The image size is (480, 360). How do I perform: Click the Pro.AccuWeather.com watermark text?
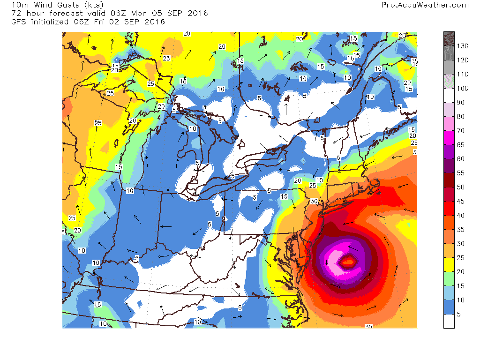(425, 5)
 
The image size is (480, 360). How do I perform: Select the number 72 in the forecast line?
(16, 14)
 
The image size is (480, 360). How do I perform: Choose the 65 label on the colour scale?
(461, 145)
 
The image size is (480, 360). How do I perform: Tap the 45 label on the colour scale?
(461, 202)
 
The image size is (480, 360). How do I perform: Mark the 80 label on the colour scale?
(461, 117)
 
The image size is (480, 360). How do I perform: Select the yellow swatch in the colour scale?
(449, 264)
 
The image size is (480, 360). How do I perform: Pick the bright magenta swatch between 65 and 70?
(449, 137)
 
